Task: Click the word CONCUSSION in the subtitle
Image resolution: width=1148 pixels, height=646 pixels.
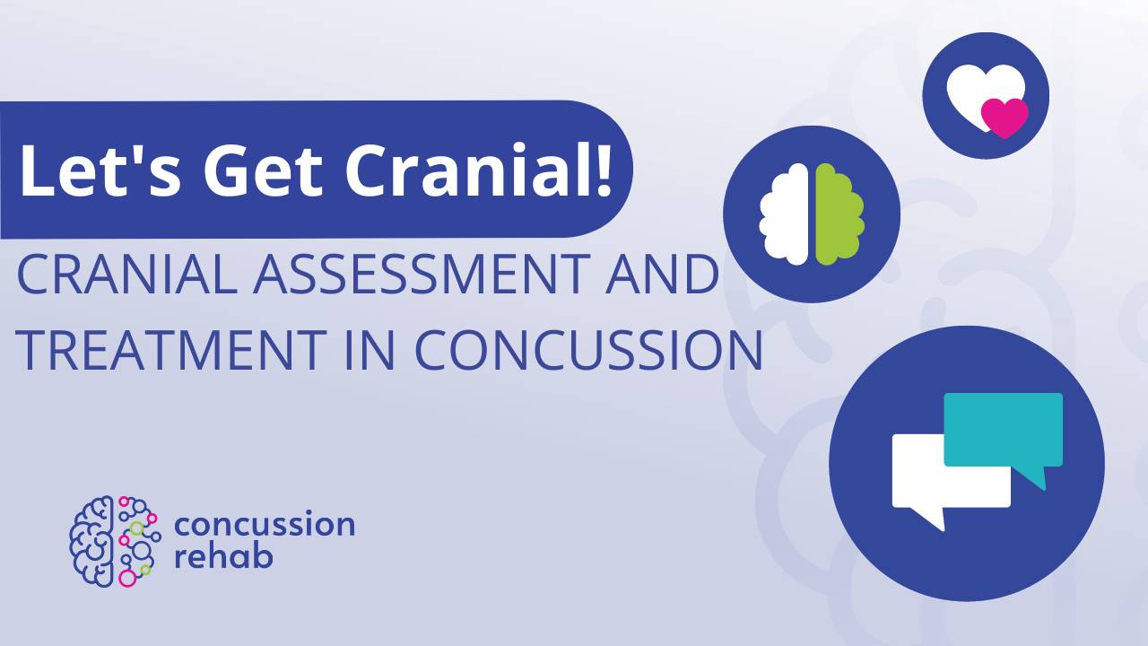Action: pos(587,350)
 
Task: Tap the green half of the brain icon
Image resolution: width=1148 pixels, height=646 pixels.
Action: pos(839,215)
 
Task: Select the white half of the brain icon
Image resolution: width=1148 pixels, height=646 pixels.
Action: pos(786,215)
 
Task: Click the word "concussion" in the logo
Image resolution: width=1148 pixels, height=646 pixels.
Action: pos(265,524)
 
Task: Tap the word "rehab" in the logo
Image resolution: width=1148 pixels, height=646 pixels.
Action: pos(223,556)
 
